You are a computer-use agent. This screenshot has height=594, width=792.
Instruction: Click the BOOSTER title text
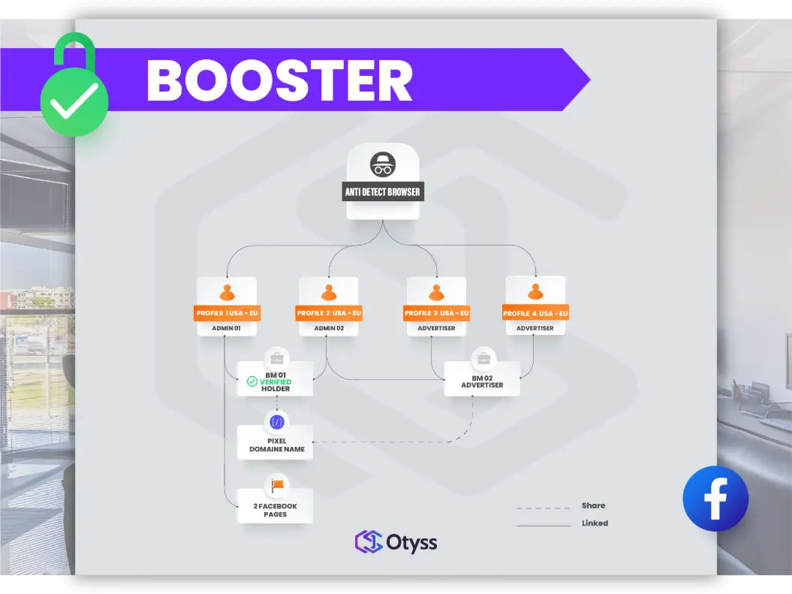click(x=279, y=80)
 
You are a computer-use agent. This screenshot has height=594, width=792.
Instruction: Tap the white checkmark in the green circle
click(x=74, y=102)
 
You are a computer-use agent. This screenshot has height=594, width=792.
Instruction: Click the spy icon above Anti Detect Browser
click(x=382, y=164)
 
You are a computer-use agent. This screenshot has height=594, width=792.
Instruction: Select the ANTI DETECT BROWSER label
click(x=383, y=192)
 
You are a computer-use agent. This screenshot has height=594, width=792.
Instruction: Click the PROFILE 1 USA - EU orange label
click(x=227, y=313)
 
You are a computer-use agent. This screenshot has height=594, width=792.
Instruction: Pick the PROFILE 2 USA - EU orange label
click(x=329, y=313)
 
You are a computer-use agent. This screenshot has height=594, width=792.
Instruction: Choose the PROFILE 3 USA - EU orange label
click(x=437, y=313)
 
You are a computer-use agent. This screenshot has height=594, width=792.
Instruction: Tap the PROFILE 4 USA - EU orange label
click(x=535, y=313)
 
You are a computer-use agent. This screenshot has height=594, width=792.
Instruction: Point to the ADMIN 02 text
click(x=329, y=328)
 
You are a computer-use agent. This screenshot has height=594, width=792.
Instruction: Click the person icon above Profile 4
click(x=535, y=291)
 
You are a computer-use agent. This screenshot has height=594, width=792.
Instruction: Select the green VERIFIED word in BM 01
click(x=276, y=382)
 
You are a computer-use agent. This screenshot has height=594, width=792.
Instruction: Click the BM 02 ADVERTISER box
click(x=482, y=381)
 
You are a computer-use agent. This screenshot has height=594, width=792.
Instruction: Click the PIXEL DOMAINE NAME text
click(x=276, y=445)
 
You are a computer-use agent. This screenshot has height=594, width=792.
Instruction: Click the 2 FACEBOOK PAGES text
click(x=275, y=511)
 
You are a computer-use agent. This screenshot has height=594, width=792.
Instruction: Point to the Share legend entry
click(x=593, y=505)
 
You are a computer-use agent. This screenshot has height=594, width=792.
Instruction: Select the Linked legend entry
click(x=595, y=523)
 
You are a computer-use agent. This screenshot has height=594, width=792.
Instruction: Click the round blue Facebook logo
click(x=715, y=499)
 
